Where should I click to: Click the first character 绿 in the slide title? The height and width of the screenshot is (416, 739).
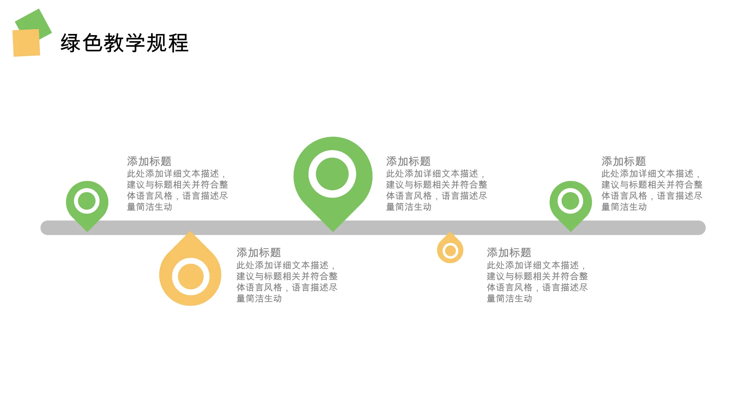(71, 43)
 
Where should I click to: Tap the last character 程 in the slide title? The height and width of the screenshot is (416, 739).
(178, 43)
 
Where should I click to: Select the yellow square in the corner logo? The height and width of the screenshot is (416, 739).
(26, 43)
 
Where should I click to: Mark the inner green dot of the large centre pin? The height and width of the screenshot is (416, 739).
(333, 174)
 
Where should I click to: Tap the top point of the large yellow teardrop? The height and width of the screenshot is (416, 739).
(190, 231)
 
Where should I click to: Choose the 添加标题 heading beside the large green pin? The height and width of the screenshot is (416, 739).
(408, 161)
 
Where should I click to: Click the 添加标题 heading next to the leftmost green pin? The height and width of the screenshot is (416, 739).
(149, 161)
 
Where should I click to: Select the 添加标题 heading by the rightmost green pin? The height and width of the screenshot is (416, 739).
(624, 161)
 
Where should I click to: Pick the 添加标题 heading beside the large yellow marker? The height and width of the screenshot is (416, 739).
(259, 253)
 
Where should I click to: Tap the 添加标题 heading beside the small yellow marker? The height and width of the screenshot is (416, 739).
(509, 253)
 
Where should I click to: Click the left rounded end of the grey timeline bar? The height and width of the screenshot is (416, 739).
(41, 228)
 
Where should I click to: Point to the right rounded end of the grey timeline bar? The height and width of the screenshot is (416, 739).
(705, 228)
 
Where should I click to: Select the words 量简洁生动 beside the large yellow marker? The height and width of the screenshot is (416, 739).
(259, 299)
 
